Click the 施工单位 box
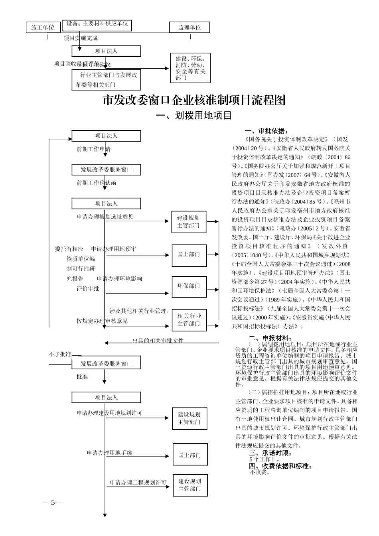(43, 27)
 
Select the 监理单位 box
(189, 28)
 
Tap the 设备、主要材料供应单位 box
(97, 24)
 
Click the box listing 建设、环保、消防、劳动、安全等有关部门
(190, 68)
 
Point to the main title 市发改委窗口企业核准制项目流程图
(194, 100)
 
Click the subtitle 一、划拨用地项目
(194, 116)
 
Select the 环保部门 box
(189, 286)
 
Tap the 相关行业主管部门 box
(189, 320)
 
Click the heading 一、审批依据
(266, 131)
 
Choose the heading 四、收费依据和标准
(280, 466)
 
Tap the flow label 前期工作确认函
(97, 183)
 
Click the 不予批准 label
(60, 354)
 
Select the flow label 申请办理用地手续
(109, 453)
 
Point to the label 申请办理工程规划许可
(138, 483)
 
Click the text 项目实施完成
(81, 38)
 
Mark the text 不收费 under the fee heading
(260, 473)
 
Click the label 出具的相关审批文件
(158, 341)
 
